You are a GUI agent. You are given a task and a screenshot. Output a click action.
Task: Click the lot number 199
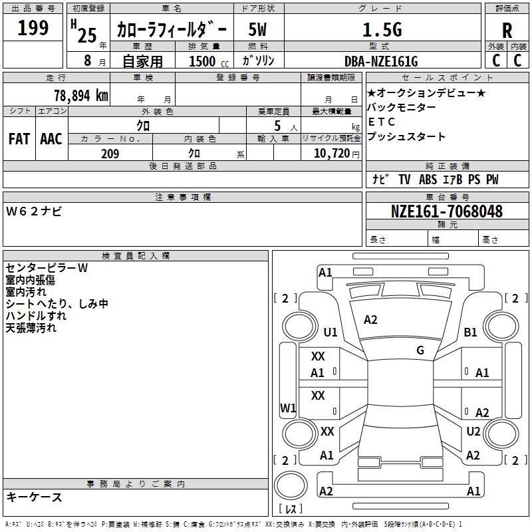(33, 29)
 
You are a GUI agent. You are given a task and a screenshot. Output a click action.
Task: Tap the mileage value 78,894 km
(80, 96)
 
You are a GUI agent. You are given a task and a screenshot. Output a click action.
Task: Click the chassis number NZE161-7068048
(447, 212)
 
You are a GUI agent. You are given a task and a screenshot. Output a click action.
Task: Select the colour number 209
(110, 154)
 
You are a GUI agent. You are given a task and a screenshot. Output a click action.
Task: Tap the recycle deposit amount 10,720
(331, 154)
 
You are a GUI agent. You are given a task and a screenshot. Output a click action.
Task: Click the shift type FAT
(19, 138)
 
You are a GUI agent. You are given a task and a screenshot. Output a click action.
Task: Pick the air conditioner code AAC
(51, 138)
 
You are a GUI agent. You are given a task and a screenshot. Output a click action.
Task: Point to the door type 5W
(259, 30)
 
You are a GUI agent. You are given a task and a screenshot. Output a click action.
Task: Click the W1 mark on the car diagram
(288, 408)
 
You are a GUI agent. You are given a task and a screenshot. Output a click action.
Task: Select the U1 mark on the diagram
(331, 332)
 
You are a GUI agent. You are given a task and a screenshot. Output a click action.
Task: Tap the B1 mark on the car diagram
(471, 332)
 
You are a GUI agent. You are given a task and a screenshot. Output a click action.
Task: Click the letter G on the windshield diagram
(420, 350)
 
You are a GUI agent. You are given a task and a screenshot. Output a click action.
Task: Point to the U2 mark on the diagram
(473, 431)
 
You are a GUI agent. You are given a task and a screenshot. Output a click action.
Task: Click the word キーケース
(35, 497)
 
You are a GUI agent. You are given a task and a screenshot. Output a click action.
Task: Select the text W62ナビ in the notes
(34, 211)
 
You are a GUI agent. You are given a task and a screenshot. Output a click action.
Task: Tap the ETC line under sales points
(382, 122)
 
